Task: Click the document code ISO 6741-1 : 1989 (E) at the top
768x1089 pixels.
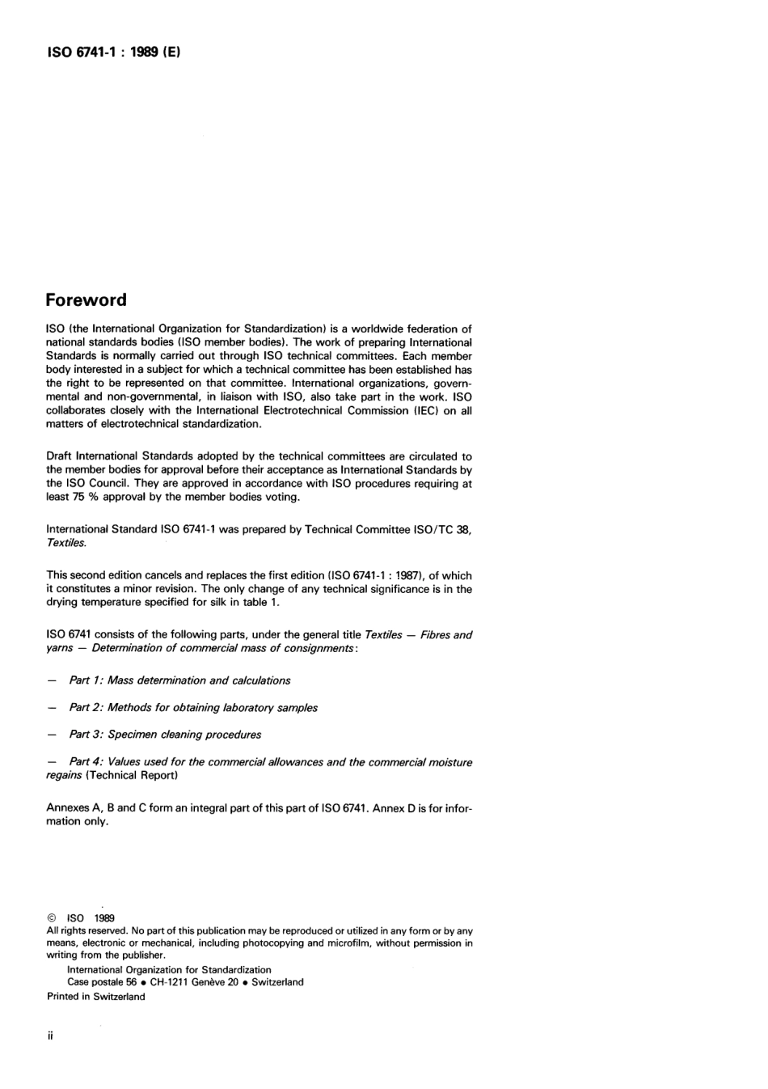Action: (x=112, y=53)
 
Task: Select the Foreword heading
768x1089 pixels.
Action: (x=87, y=300)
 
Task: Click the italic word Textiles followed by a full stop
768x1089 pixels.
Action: (x=66, y=543)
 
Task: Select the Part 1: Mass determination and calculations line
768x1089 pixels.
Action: (x=179, y=680)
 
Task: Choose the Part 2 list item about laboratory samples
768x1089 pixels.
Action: (x=193, y=707)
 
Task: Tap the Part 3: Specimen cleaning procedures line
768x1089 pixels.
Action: (x=165, y=735)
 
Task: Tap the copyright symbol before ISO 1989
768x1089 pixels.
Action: (x=52, y=918)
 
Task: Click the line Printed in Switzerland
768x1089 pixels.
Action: (x=96, y=997)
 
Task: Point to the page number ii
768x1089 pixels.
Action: (x=50, y=1036)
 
